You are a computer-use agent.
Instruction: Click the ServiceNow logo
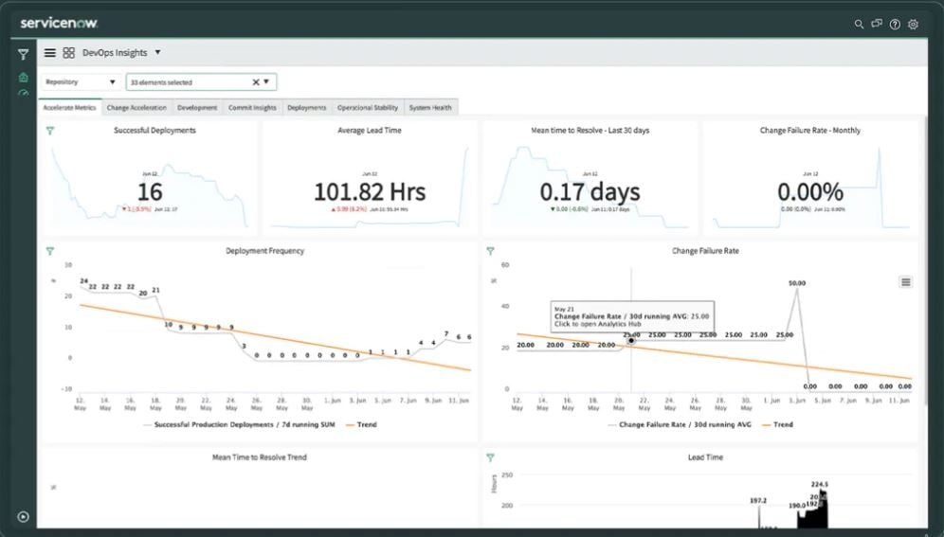[59, 23]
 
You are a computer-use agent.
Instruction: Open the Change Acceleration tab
[136, 108]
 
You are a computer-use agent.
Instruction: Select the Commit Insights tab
[252, 108]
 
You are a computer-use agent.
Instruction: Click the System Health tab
[430, 108]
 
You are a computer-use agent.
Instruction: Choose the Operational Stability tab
[368, 108]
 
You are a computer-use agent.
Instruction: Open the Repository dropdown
[81, 82]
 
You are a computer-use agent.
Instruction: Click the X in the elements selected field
[255, 82]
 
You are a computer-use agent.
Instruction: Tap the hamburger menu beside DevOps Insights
[50, 53]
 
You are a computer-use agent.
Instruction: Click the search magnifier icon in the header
[860, 24]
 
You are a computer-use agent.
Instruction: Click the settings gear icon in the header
[913, 24]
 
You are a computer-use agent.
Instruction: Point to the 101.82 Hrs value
[370, 192]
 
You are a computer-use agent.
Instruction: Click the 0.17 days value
[590, 192]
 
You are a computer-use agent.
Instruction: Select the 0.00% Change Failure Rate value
[809, 192]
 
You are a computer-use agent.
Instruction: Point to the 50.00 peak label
[797, 283]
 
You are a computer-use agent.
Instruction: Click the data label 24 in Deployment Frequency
[83, 281]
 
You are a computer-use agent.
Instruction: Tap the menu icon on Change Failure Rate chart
[905, 281]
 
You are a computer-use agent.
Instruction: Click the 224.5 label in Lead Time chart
[820, 485]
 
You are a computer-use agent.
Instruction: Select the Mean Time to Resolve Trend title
[259, 457]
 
